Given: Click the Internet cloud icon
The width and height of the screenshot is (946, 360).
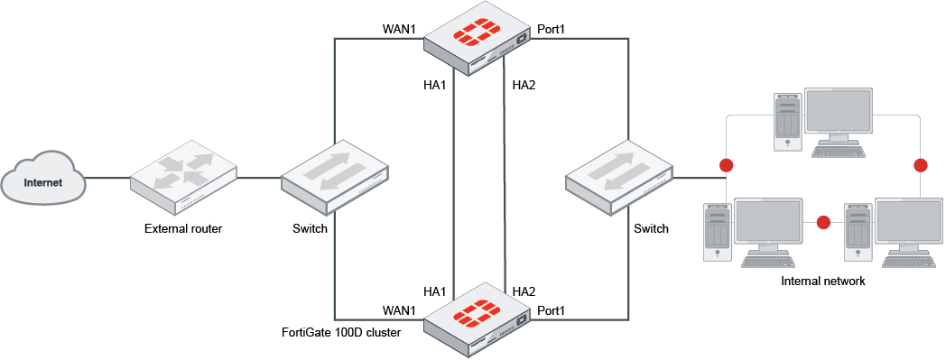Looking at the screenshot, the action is tap(44, 183).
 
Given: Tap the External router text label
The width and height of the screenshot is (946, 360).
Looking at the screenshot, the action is tap(183, 228).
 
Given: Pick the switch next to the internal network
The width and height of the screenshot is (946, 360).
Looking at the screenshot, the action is tap(619, 177).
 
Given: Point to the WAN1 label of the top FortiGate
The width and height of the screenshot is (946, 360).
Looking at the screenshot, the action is tap(399, 30).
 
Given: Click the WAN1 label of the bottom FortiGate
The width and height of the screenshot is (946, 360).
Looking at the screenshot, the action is tap(399, 310).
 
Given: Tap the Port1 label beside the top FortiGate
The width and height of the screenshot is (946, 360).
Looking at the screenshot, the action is tap(551, 30).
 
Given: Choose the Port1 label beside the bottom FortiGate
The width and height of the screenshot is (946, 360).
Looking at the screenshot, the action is tap(551, 310).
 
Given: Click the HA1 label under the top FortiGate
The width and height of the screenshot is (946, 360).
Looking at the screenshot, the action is tap(435, 86).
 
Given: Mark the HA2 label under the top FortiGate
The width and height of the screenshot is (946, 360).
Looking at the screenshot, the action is tap(524, 86).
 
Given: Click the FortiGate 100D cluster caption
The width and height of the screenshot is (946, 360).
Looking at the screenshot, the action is tap(341, 332).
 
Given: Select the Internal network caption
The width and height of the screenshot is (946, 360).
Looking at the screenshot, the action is tap(823, 282).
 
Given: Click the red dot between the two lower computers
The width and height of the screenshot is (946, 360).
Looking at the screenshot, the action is tap(822, 221).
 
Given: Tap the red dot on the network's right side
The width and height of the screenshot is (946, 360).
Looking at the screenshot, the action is tap(921, 165).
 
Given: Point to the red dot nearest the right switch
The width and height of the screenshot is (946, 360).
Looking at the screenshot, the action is tap(726, 165).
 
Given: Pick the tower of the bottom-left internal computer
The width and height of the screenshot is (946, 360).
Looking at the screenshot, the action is tap(716, 232).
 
